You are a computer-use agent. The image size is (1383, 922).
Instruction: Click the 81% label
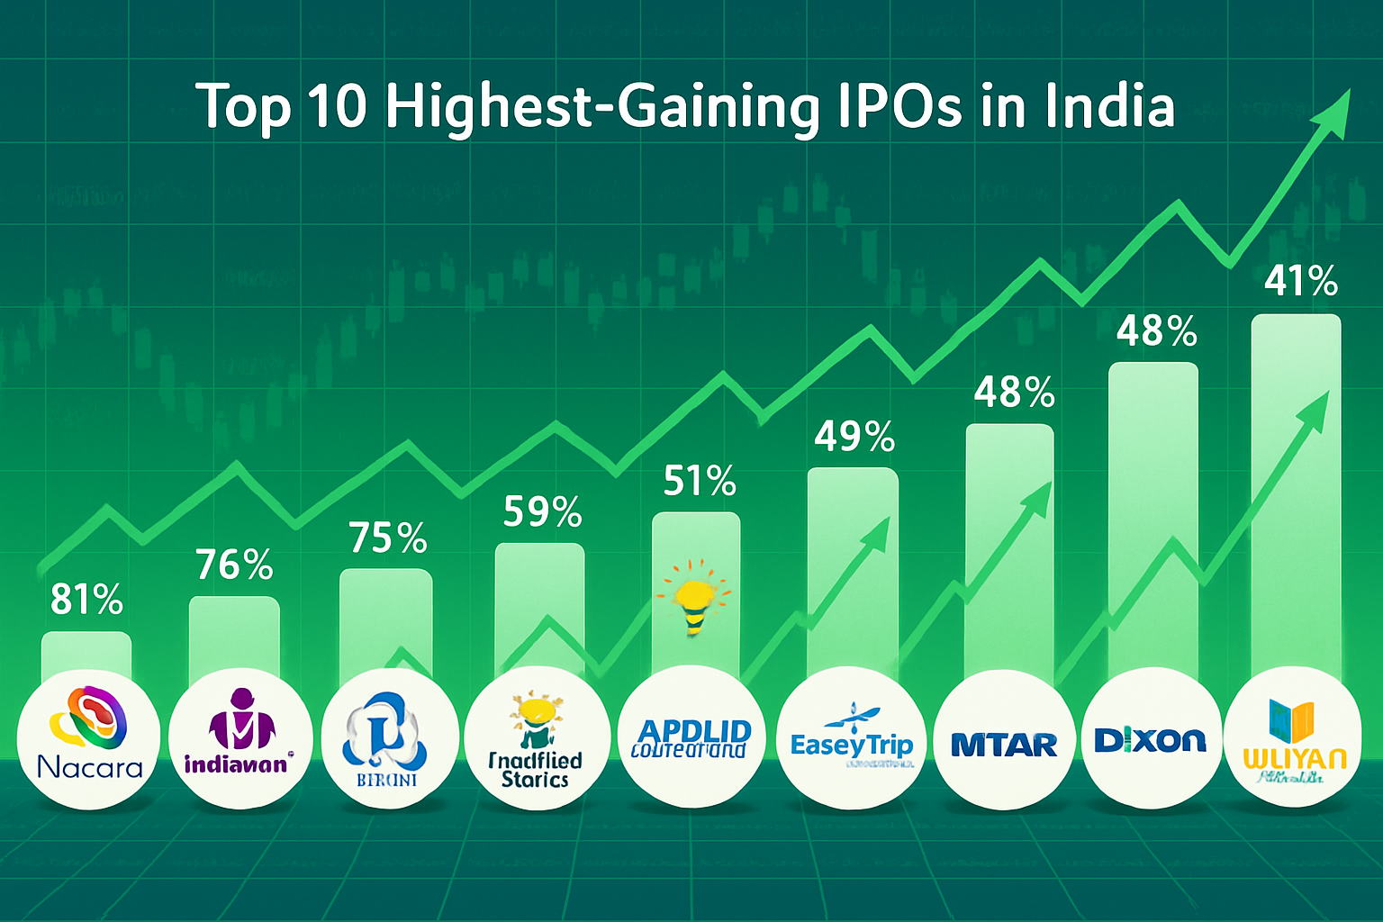(x=86, y=600)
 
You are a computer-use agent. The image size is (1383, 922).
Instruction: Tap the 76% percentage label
(x=234, y=565)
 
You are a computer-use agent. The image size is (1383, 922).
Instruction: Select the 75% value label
(x=388, y=538)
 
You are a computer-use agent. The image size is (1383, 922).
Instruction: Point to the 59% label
(x=542, y=511)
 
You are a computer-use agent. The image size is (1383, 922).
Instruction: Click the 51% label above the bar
(x=700, y=482)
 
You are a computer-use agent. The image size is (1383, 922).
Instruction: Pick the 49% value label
(x=854, y=438)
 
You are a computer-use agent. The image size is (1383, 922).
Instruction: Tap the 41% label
(x=1300, y=282)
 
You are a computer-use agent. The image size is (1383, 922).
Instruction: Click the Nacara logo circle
(x=89, y=738)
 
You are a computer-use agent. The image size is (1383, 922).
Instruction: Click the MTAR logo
(x=1004, y=740)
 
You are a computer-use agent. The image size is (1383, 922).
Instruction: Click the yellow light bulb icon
(x=694, y=599)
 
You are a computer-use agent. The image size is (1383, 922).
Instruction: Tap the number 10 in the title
(x=338, y=106)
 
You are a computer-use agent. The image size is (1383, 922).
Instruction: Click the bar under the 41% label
(x=1297, y=495)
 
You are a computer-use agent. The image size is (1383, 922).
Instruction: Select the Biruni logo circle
(x=387, y=738)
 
